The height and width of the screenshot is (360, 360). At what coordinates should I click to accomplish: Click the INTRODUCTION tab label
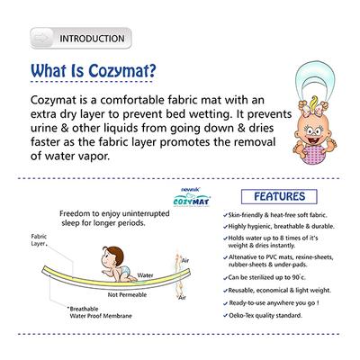point(91,39)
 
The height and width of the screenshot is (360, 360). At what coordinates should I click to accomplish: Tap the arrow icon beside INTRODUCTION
point(41,39)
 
